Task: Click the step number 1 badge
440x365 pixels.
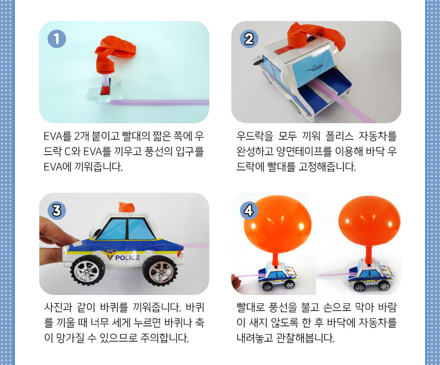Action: click(x=57, y=39)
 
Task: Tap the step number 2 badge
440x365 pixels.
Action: click(x=249, y=39)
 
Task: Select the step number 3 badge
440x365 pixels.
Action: click(x=57, y=211)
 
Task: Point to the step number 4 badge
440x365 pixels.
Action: click(x=249, y=211)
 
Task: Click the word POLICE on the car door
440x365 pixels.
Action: click(x=127, y=258)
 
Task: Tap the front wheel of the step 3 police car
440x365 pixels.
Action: click(x=160, y=271)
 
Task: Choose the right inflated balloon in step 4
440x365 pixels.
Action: click(x=369, y=221)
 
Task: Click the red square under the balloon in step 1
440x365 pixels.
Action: click(x=105, y=90)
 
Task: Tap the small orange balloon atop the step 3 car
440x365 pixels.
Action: click(x=126, y=207)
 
